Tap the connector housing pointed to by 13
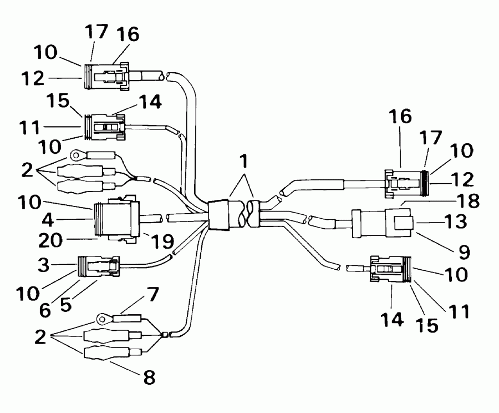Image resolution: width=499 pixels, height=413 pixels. click(x=383, y=224)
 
